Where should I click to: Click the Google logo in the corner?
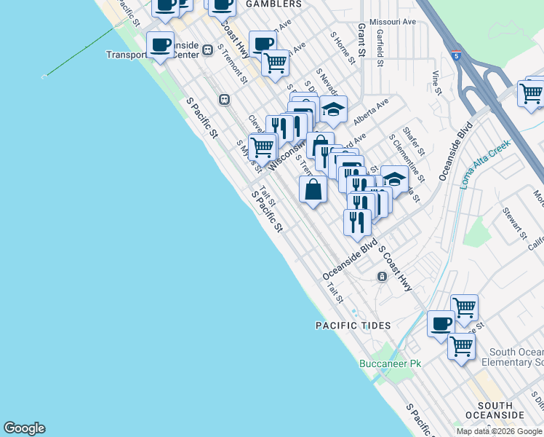point(24,428)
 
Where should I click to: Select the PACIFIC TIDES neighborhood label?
point(353,326)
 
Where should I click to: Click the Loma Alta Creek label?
point(485,164)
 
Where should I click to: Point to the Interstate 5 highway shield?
point(455,55)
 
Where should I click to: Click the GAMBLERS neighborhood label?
point(273,4)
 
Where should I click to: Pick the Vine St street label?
point(436,82)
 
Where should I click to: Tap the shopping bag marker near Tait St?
point(313,190)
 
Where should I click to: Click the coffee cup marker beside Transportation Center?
point(160,46)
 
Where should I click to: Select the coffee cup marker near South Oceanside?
point(441,323)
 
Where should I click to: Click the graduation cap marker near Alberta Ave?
point(333,110)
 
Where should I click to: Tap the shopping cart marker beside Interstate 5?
point(531,93)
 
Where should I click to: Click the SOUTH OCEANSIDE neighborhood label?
point(500,410)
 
